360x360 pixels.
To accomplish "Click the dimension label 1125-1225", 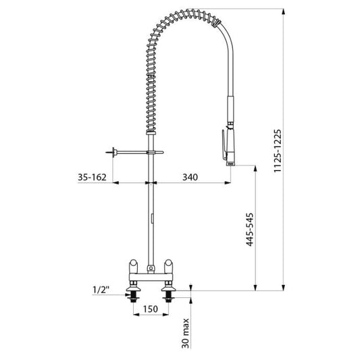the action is (278, 151).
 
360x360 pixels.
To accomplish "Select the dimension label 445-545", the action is (250, 230).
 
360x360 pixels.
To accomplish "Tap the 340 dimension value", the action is (190, 177).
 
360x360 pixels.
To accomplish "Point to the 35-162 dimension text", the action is (92, 177).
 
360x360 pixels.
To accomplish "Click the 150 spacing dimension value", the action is (151, 309).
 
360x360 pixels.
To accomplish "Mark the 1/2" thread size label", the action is (101, 290).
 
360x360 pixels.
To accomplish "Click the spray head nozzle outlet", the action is (231, 163).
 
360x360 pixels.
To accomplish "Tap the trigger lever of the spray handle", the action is (224, 145).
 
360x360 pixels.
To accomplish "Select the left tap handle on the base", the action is (133, 266).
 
